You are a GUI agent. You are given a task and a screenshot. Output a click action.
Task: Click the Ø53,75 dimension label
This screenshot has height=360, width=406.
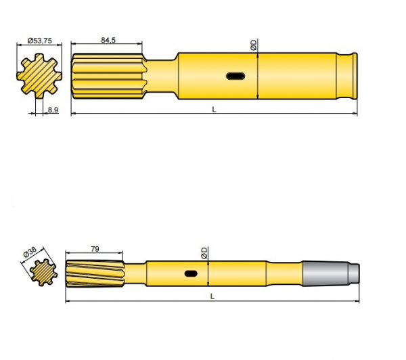(39, 41)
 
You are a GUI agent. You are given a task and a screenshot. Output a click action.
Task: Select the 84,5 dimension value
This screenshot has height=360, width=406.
(108, 41)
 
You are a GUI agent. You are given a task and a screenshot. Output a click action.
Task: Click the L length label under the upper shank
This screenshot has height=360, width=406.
(214, 108)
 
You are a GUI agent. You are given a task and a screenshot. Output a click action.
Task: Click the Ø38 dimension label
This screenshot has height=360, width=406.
(30, 251)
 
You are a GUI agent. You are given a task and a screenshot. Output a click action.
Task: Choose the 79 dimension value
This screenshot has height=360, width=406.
(94, 249)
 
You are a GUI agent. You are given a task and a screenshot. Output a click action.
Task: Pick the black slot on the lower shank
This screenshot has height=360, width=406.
(191, 273)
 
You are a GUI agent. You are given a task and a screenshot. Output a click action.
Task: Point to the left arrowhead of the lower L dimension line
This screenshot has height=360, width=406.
(68, 300)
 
